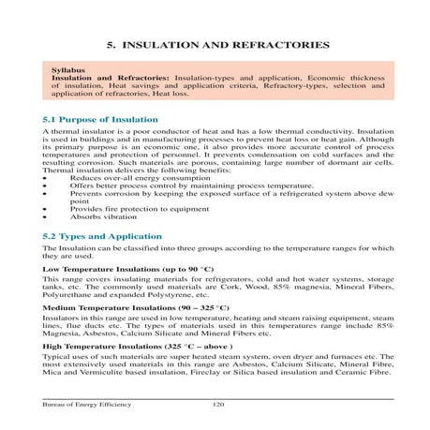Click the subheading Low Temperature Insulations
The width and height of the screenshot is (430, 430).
point(103,269)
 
